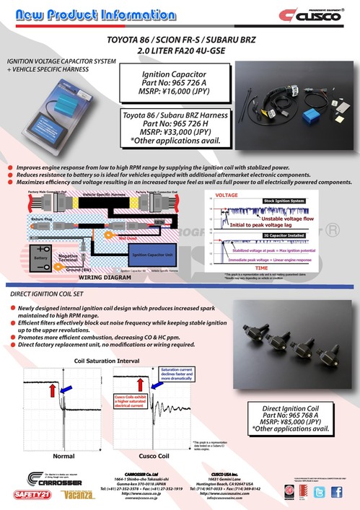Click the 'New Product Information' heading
click(98, 14)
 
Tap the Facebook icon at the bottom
click(338, 493)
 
